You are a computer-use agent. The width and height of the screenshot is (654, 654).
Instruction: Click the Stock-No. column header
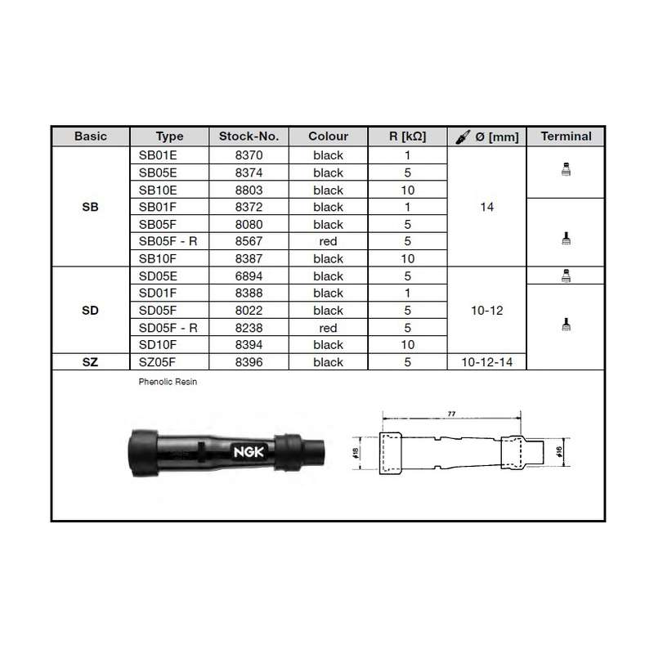[249, 137]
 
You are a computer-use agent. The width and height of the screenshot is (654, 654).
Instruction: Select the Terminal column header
[566, 137]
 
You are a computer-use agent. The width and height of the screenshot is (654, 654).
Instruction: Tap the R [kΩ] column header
[407, 137]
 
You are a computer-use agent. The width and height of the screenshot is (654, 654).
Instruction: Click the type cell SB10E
[158, 190]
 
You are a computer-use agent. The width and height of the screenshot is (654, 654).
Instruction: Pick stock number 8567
[249, 241]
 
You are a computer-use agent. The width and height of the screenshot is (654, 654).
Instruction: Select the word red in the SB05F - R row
[328, 241]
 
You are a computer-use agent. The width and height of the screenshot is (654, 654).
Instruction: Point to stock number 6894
[249, 276]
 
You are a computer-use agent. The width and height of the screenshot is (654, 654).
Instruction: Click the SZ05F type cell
[157, 362]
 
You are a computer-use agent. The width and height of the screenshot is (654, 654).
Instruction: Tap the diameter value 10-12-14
[486, 362]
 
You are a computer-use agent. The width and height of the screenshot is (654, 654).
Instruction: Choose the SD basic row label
[90, 311]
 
